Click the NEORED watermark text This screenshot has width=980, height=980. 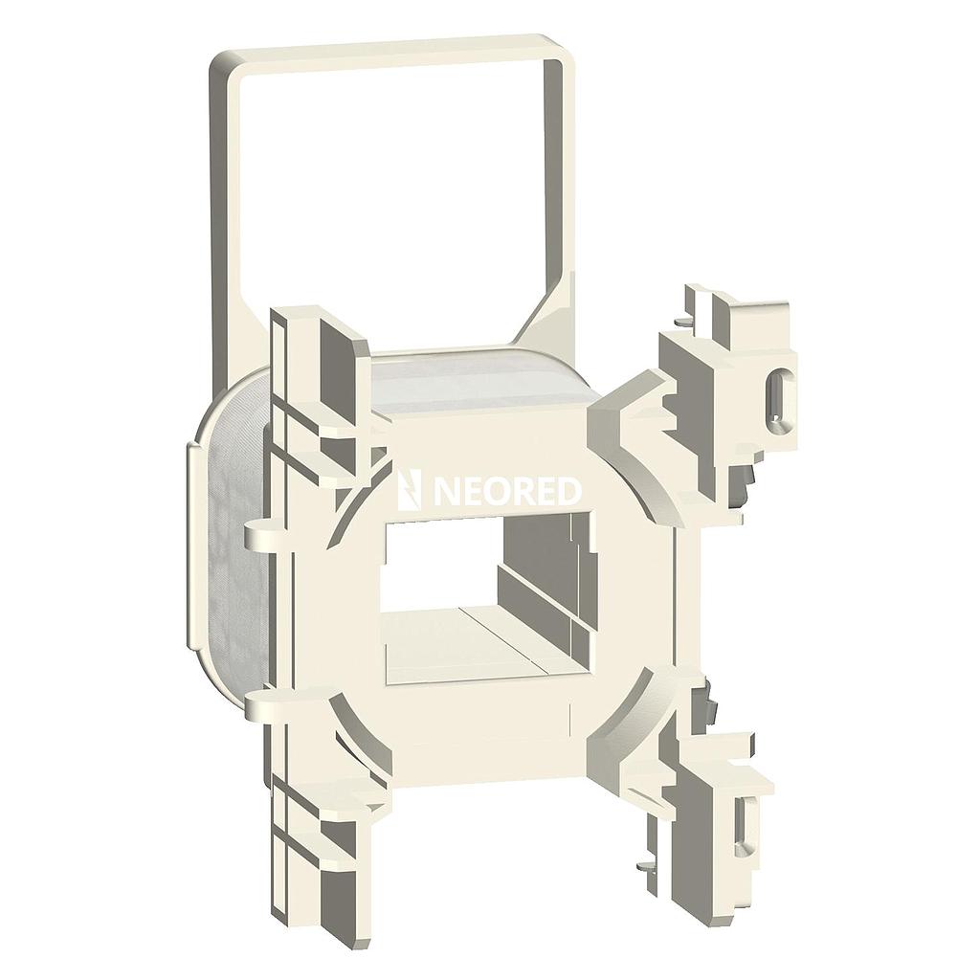point(507,492)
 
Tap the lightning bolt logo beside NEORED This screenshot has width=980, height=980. point(412,491)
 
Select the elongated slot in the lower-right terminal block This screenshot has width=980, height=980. point(745,824)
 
